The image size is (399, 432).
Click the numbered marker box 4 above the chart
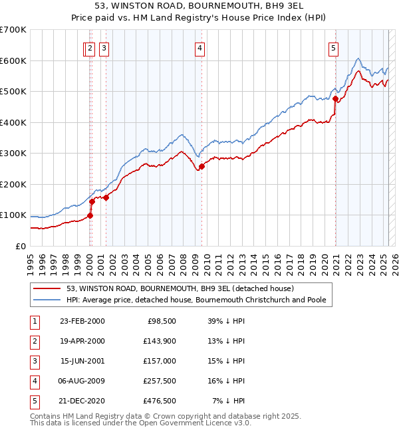[x=199, y=47]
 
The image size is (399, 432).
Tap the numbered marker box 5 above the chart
[x=332, y=47]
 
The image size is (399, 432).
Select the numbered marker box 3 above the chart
[x=105, y=47]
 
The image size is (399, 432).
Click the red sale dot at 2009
[x=201, y=166]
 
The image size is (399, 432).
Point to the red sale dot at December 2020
[x=336, y=99]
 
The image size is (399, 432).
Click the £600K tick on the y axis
[x=13, y=60]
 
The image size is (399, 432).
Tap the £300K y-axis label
[x=13, y=153]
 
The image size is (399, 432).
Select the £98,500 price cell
[x=160, y=321]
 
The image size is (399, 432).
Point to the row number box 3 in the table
[x=33, y=361]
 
